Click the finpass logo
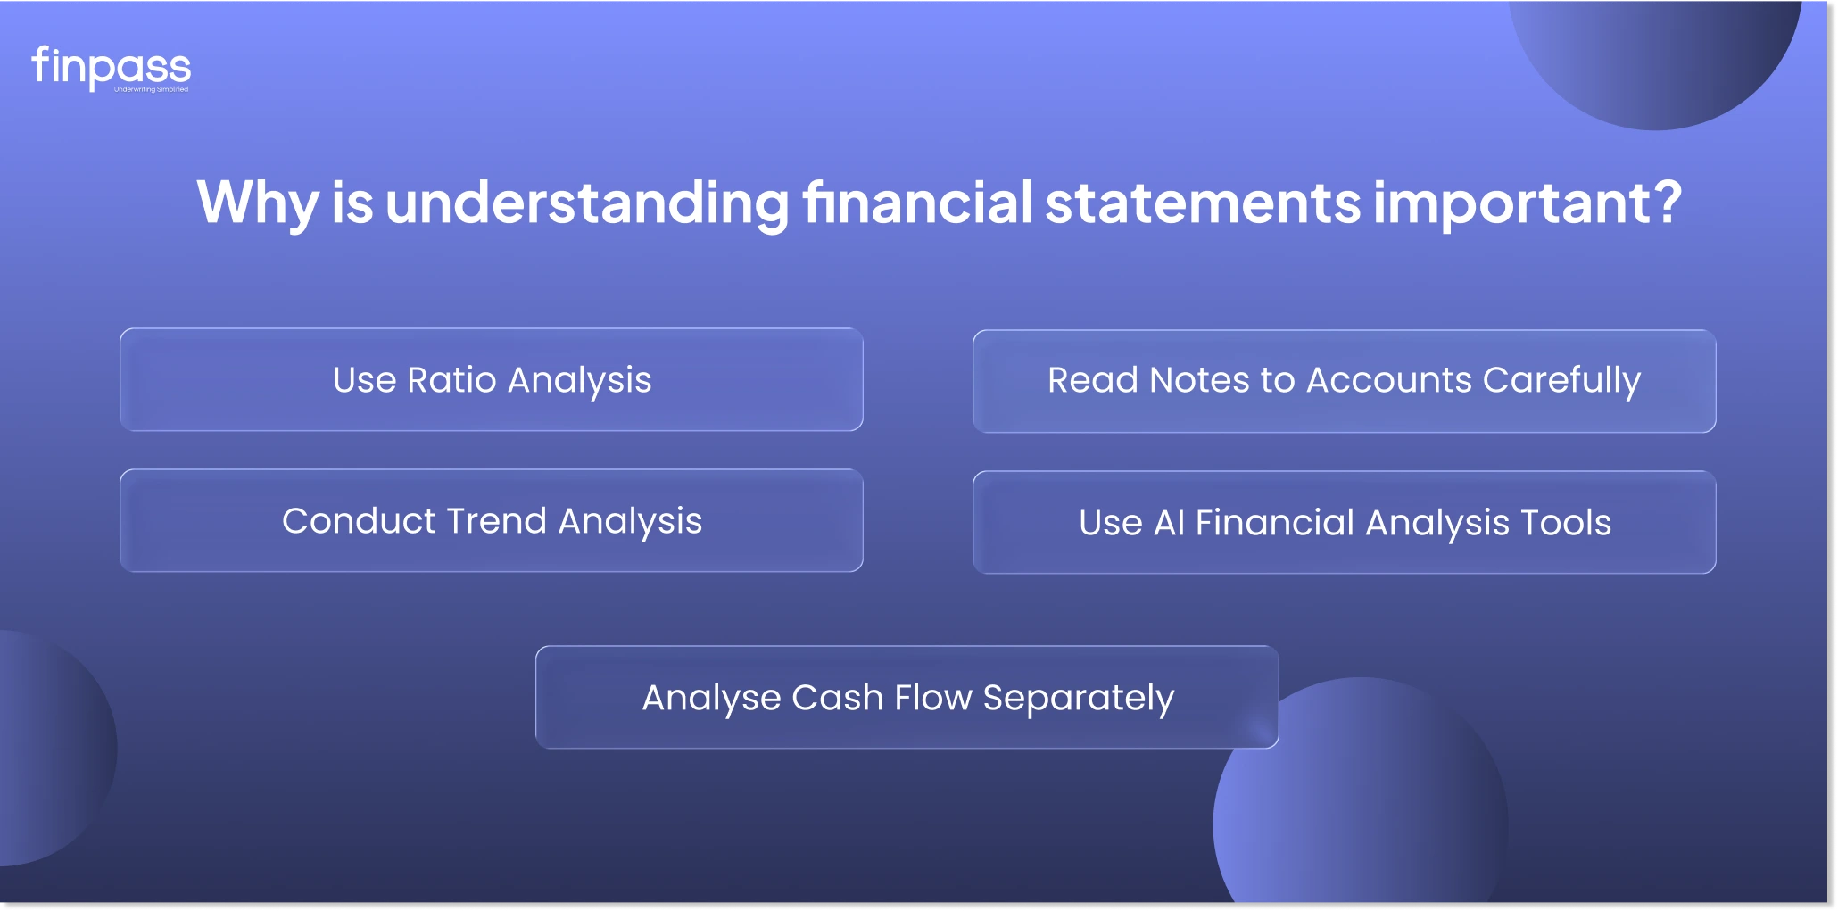(x=112, y=68)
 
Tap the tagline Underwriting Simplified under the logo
(x=152, y=89)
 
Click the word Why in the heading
(x=258, y=203)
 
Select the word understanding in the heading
(x=588, y=203)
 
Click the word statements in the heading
(x=1203, y=203)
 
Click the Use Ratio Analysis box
(x=492, y=380)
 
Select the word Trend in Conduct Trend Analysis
(x=496, y=521)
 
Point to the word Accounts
(x=1389, y=380)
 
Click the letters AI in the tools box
(x=1169, y=523)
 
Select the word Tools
(x=1566, y=523)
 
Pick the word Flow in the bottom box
(x=933, y=697)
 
